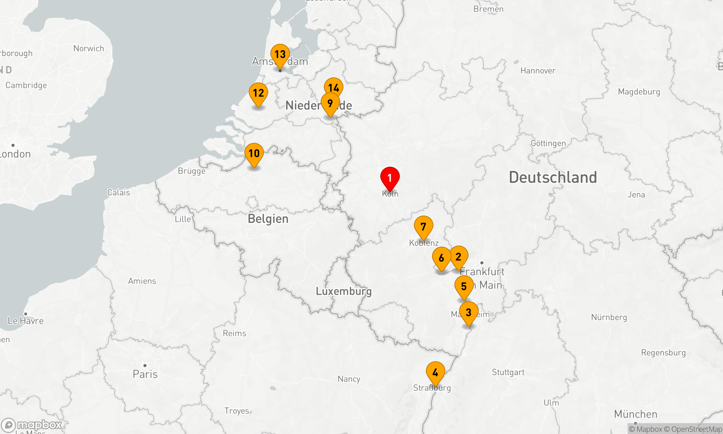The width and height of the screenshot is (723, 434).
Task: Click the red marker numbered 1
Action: coord(390,178)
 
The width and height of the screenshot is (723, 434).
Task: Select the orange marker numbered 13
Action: coord(280,55)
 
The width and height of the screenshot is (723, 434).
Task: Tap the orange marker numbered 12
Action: coord(258,93)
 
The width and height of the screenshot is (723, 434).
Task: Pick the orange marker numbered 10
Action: coord(254,154)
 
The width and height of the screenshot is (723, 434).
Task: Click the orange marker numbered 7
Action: coord(423,227)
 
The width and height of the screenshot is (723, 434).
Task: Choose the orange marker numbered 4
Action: coord(435,373)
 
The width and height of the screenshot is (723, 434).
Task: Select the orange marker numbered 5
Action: coord(464,286)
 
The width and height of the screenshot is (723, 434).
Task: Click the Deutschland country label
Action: coord(553,178)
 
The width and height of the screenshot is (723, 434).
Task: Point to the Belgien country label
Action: coord(268,219)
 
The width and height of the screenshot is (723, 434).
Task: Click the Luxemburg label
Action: coord(343,291)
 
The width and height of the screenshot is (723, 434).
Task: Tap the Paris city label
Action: coord(145,374)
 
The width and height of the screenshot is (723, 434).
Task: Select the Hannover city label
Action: coord(538,71)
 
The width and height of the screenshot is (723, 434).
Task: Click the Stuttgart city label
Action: coord(508,372)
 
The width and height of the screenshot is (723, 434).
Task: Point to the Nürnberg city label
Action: coord(609,317)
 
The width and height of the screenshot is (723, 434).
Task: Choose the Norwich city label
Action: coord(89,48)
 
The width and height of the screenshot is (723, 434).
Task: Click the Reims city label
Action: coord(234,333)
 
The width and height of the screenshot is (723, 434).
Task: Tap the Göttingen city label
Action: coord(548,143)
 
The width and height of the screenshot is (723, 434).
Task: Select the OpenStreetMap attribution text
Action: coord(696,429)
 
